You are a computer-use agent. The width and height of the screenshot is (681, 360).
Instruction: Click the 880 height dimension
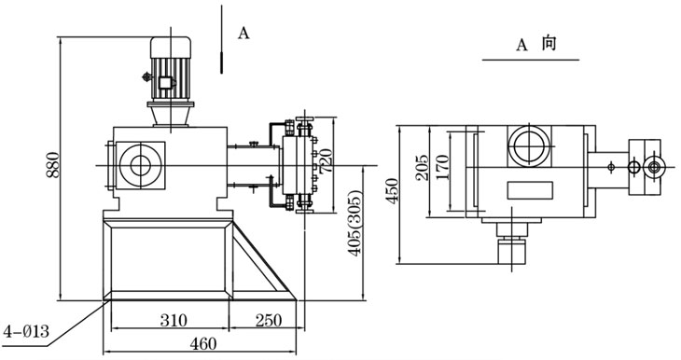coord(52,164)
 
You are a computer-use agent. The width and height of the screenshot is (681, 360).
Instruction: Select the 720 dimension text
coord(326,161)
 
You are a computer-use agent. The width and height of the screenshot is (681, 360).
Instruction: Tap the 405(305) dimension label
coord(355,223)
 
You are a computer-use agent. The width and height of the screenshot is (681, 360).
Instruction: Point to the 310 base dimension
coord(174,321)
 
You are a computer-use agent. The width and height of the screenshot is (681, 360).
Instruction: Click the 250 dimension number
coord(268,321)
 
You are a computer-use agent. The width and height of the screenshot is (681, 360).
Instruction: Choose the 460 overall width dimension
coord(202,344)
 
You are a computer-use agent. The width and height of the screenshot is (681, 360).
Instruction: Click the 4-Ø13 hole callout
coord(26,332)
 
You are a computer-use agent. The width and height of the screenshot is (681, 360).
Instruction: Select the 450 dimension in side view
coord(392,191)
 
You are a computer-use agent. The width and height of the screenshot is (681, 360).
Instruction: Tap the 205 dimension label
coord(422,167)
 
